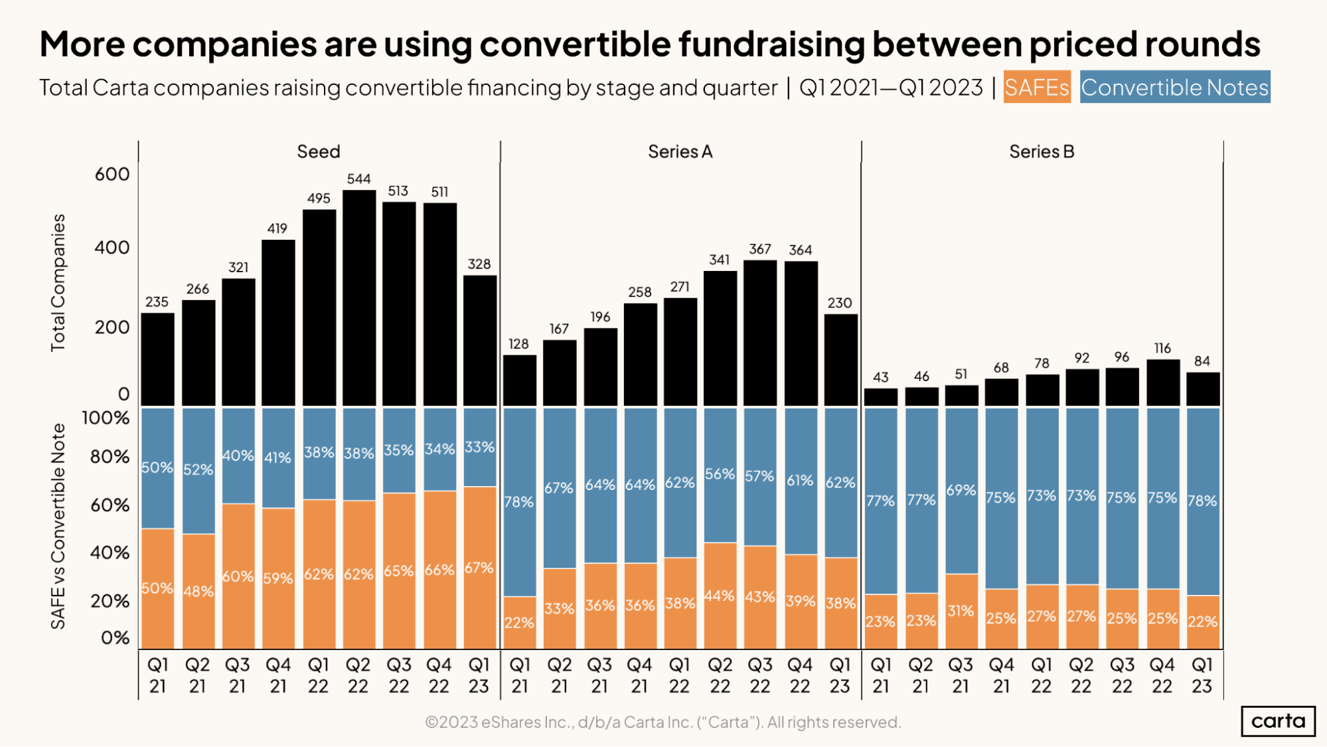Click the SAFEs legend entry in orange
[x=1036, y=87]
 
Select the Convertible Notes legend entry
[x=1174, y=87]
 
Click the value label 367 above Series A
[x=760, y=249]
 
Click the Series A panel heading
[x=680, y=152]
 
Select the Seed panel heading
[x=319, y=152]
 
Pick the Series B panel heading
[x=1041, y=152]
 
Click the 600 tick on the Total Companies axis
[x=112, y=175]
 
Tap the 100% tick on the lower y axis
[x=106, y=418]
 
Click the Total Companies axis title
[x=58, y=282]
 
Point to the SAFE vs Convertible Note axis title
[x=58, y=527]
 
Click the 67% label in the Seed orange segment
[x=479, y=568]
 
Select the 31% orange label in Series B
[x=961, y=611]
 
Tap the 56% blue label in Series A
[x=720, y=475]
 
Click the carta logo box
[x=1278, y=721]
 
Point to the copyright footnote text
[x=663, y=722]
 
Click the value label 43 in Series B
[x=880, y=377]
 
